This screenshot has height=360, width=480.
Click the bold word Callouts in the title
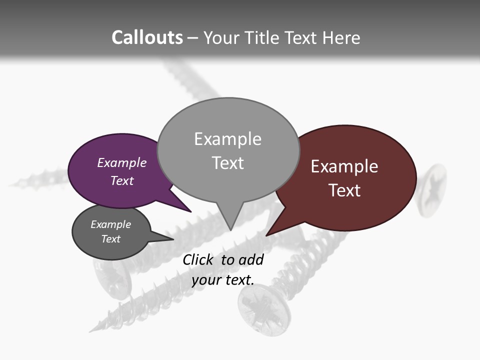[147, 37]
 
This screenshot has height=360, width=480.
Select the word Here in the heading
[341, 38]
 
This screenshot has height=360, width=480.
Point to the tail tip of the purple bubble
[190, 211]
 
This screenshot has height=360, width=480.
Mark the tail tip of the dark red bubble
[267, 235]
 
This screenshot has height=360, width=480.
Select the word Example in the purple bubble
[121, 163]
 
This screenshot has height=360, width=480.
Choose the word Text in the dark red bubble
[344, 190]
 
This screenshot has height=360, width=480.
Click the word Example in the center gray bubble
[227, 139]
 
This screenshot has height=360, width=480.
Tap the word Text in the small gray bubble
[110, 239]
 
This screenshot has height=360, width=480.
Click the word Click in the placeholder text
[198, 260]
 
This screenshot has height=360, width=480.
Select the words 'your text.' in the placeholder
[223, 280]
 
